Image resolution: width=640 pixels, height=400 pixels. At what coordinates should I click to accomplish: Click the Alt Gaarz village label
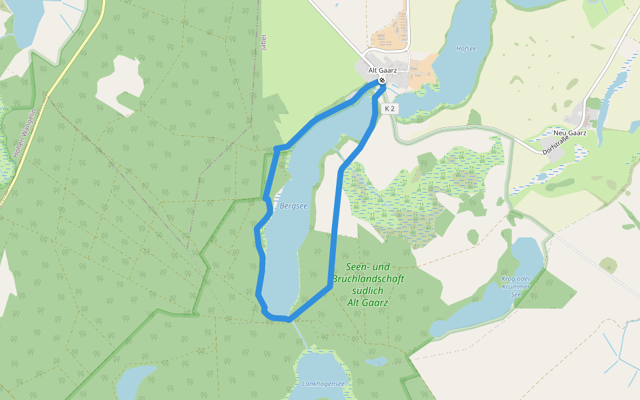click(383, 70)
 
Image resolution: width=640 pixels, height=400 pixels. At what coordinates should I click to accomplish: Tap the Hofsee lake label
click(466, 49)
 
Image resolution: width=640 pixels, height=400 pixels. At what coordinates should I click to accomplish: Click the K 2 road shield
click(390, 108)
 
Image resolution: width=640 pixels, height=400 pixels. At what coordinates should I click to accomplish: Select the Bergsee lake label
click(293, 206)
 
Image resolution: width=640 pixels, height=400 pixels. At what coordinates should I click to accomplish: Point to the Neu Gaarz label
click(569, 133)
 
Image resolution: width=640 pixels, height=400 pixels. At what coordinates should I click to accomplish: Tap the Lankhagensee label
click(323, 383)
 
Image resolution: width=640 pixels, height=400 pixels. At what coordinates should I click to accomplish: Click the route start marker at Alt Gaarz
click(382, 81)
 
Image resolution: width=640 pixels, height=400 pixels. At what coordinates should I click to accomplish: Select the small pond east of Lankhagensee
click(377, 362)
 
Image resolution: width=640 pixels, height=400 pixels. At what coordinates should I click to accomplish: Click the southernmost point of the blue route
click(289, 319)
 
